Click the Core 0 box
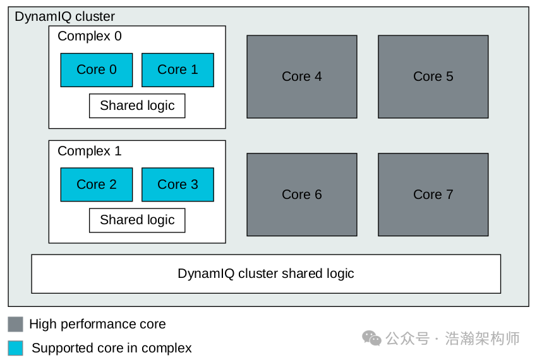[97, 69]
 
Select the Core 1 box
[178, 69]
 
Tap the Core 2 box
[97, 184]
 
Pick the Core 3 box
[178, 184]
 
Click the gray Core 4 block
[301, 76]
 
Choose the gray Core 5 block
[433, 76]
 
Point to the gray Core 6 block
[301, 195]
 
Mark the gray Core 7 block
[433, 195]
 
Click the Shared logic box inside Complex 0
[137, 105]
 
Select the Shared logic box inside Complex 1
[137, 220]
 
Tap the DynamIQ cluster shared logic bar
[266, 274]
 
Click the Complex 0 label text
[90, 37]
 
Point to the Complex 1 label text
[90, 152]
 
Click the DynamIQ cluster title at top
[65, 16]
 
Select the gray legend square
[16, 325]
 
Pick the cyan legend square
[16, 348]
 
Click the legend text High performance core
[97, 325]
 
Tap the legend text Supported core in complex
[112, 348]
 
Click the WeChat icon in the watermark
[371, 339]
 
